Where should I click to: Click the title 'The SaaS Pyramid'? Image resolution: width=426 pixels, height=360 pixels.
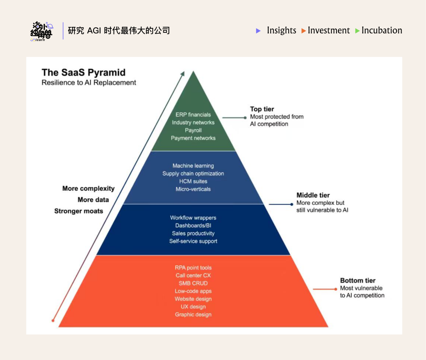pos(84,73)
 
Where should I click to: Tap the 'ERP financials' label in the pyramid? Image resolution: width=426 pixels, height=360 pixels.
pos(193,115)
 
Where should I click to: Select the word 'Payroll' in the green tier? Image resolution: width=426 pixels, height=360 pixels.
pos(193,130)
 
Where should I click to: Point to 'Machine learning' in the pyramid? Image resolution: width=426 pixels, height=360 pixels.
pos(193,166)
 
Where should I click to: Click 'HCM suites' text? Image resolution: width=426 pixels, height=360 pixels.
pos(193,182)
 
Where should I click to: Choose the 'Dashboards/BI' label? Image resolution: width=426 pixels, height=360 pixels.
pos(193,226)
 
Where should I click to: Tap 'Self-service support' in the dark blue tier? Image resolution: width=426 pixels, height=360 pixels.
pos(193,241)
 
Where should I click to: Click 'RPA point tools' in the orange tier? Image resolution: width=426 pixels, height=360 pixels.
pos(193,268)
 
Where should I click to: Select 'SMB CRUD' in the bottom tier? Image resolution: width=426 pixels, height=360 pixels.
pos(193,283)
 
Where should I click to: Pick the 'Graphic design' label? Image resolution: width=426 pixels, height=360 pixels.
pos(193,315)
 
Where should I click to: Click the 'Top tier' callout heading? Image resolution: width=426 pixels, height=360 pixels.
pos(262,109)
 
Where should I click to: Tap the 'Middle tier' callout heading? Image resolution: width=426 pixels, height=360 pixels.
pos(313,195)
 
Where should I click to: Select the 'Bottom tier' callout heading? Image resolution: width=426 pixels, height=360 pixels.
pos(358,281)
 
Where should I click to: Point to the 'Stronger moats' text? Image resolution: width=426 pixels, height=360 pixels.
pos(78,211)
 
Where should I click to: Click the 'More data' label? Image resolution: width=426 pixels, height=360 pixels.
pos(93,200)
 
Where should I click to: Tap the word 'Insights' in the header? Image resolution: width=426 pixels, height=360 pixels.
pos(281,30)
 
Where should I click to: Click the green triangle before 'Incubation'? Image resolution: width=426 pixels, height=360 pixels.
pos(357,31)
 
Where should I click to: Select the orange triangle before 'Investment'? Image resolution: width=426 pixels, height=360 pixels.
pos(304,31)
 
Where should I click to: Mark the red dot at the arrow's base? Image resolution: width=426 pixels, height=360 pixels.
pos(53,321)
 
